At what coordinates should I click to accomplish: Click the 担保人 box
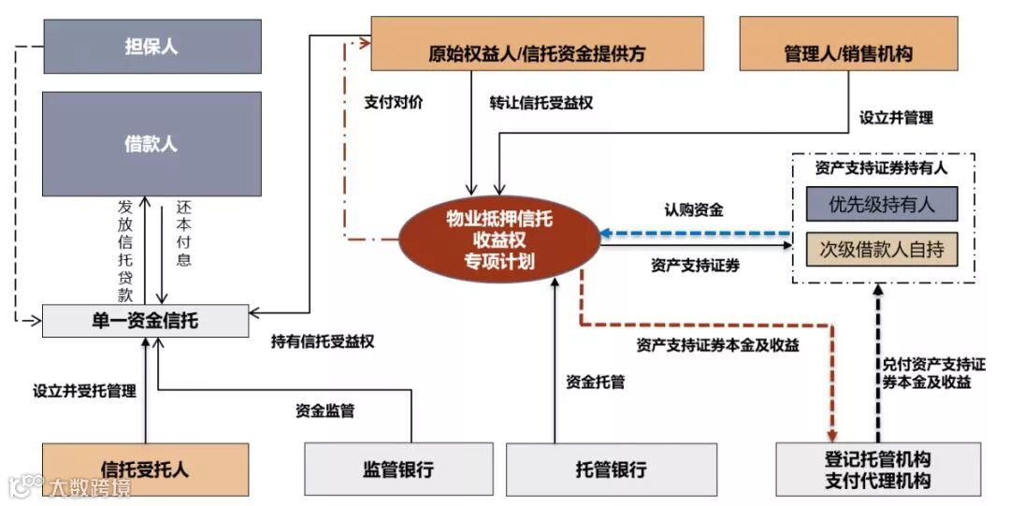pyautogui.click(x=151, y=46)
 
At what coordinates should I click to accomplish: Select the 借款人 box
pyautogui.click(x=151, y=143)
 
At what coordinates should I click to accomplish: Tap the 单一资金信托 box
pyautogui.click(x=145, y=321)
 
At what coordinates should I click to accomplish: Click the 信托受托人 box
pyautogui.click(x=145, y=469)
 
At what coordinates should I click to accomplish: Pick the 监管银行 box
pyautogui.click(x=397, y=469)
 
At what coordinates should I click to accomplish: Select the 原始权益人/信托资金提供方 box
pyautogui.click(x=537, y=43)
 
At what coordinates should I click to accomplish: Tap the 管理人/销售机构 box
pyautogui.click(x=848, y=43)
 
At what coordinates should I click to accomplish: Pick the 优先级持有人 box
pyautogui.click(x=881, y=204)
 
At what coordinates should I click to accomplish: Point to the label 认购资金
pyautogui.click(x=694, y=210)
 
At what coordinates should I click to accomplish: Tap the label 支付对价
pyautogui.click(x=393, y=103)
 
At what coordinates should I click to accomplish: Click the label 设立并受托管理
pyautogui.click(x=84, y=391)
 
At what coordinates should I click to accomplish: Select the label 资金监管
pyautogui.click(x=325, y=410)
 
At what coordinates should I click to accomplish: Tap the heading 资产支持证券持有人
pyautogui.click(x=881, y=168)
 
